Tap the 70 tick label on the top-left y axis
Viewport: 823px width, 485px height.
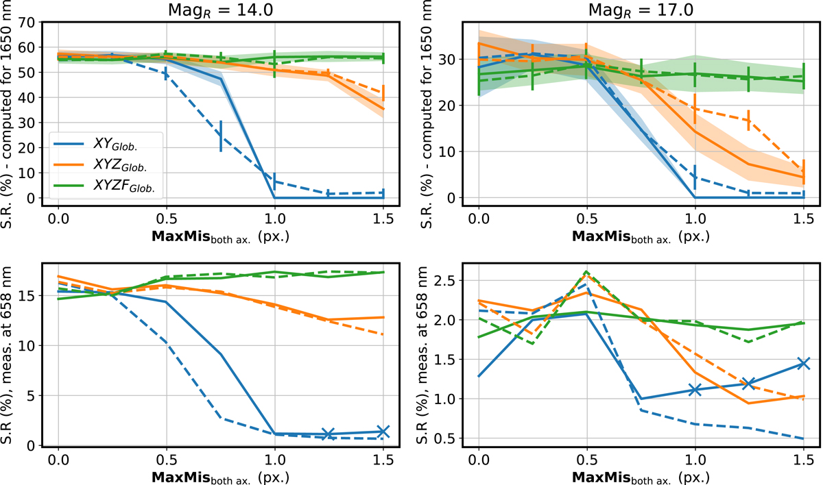26,22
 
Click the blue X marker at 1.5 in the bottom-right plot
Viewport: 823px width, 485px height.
804,364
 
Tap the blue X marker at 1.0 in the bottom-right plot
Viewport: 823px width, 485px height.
695,389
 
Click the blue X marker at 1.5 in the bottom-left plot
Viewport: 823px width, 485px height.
383,432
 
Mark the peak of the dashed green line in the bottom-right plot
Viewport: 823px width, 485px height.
586,271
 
